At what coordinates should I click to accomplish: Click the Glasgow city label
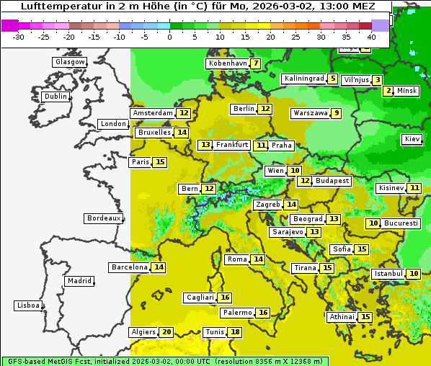pyautogui.click(x=69, y=62)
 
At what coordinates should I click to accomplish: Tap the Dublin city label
pyautogui.click(x=55, y=97)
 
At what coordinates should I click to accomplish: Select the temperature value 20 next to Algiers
pyautogui.click(x=166, y=332)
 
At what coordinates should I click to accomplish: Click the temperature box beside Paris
pyautogui.click(x=159, y=162)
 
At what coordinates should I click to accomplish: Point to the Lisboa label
pyautogui.click(x=27, y=305)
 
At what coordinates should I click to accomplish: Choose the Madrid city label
pyautogui.click(x=79, y=281)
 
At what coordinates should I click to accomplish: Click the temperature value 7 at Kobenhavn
pyautogui.click(x=256, y=63)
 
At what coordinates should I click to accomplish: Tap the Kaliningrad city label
pyautogui.click(x=303, y=79)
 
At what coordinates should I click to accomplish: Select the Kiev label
pyautogui.click(x=412, y=139)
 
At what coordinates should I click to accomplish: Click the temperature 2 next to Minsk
pyautogui.click(x=388, y=91)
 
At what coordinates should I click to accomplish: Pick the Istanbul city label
pyautogui.click(x=388, y=274)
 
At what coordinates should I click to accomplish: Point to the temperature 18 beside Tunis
pyautogui.click(x=235, y=332)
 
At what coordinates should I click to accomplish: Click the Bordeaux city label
pyautogui.click(x=103, y=218)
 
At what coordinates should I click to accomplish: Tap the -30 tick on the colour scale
pyautogui.click(x=19, y=36)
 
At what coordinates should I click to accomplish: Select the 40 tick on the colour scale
pyautogui.click(x=371, y=36)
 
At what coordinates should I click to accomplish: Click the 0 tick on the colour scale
pyautogui.click(x=170, y=36)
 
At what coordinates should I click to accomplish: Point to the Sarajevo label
pyautogui.click(x=288, y=232)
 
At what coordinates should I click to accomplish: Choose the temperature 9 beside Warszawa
pyautogui.click(x=336, y=113)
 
